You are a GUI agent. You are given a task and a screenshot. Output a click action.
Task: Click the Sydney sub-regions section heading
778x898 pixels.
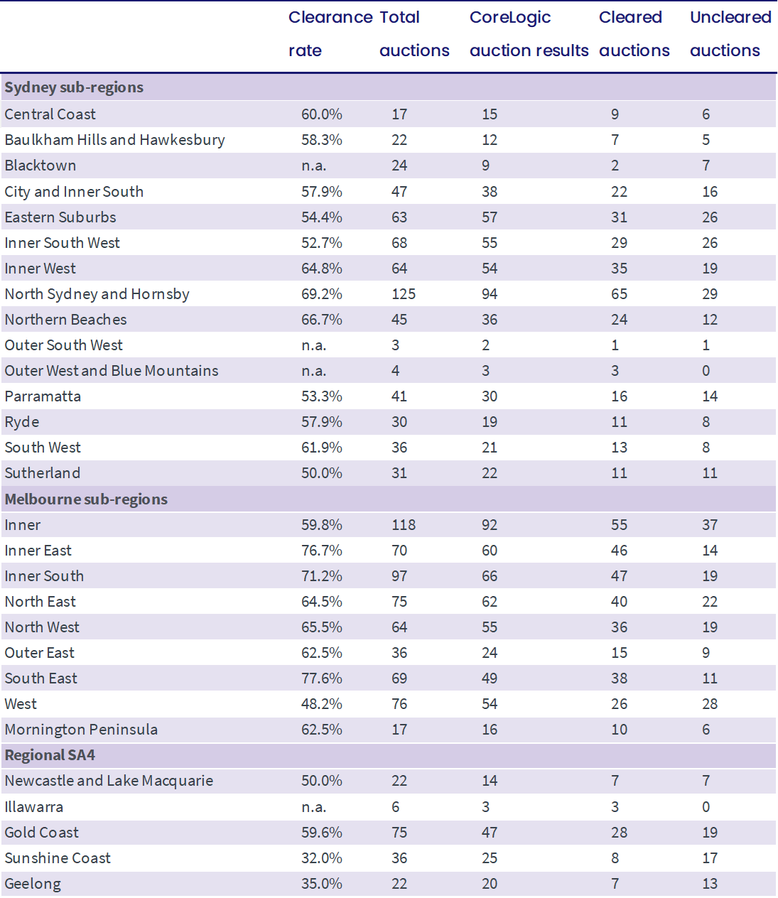(74, 87)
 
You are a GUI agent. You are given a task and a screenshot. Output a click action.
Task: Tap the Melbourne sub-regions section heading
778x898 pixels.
(86, 499)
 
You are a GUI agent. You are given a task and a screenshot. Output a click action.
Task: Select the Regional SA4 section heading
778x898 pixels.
(50, 755)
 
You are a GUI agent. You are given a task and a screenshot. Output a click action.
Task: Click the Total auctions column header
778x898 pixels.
(414, 34)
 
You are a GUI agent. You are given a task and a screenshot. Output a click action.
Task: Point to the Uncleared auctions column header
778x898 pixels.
(730, 34)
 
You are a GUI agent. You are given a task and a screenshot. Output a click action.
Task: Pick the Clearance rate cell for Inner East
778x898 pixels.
(321, 551)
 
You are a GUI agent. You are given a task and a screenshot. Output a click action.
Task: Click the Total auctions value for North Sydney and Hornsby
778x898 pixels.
(404, 294)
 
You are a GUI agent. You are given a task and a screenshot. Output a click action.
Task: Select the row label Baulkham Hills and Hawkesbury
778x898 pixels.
(114, 140)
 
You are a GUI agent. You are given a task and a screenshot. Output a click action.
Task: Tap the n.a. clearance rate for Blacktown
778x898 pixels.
(313, 166)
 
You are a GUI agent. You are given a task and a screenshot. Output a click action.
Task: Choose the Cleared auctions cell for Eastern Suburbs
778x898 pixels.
(619, 217)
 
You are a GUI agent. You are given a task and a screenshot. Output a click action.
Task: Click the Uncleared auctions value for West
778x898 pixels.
(710, 704)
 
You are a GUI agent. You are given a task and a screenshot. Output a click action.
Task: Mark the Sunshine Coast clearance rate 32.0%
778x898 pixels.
(321, 858)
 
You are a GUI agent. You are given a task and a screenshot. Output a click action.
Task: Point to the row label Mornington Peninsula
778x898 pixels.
(81, 730)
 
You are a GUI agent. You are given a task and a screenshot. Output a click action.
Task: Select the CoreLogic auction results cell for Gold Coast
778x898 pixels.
(489, 833)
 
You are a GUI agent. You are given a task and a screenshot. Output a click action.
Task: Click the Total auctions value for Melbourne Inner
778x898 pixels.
(404, 525)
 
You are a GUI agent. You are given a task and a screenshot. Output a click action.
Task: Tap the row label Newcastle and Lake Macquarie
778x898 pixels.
(109, 781)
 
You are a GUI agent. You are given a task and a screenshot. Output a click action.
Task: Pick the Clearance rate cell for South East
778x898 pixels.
(321, 678)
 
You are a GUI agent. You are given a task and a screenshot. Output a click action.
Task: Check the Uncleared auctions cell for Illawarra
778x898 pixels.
(706, 807)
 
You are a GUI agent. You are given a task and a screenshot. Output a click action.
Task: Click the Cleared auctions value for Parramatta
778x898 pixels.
(619, 396)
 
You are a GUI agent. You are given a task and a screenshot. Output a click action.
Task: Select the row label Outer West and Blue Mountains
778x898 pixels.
(112, 371)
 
